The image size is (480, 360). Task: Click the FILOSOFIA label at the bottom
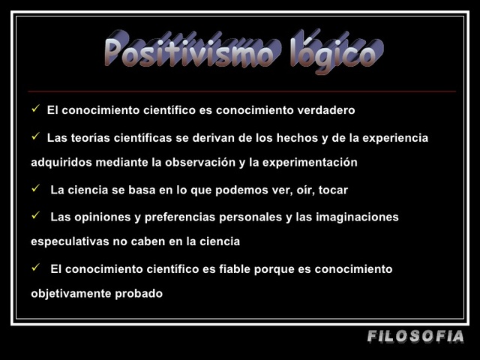click(416, 337)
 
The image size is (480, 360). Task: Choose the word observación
click(212, 162)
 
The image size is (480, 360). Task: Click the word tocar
click(333, 190)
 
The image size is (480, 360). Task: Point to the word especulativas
click(71, 241)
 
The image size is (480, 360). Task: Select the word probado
click(139, 293)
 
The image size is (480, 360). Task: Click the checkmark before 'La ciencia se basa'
click(35, 189)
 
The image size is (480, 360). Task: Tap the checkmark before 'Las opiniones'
click(35, 216)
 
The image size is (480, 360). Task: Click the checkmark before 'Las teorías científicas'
click(35, 136)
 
